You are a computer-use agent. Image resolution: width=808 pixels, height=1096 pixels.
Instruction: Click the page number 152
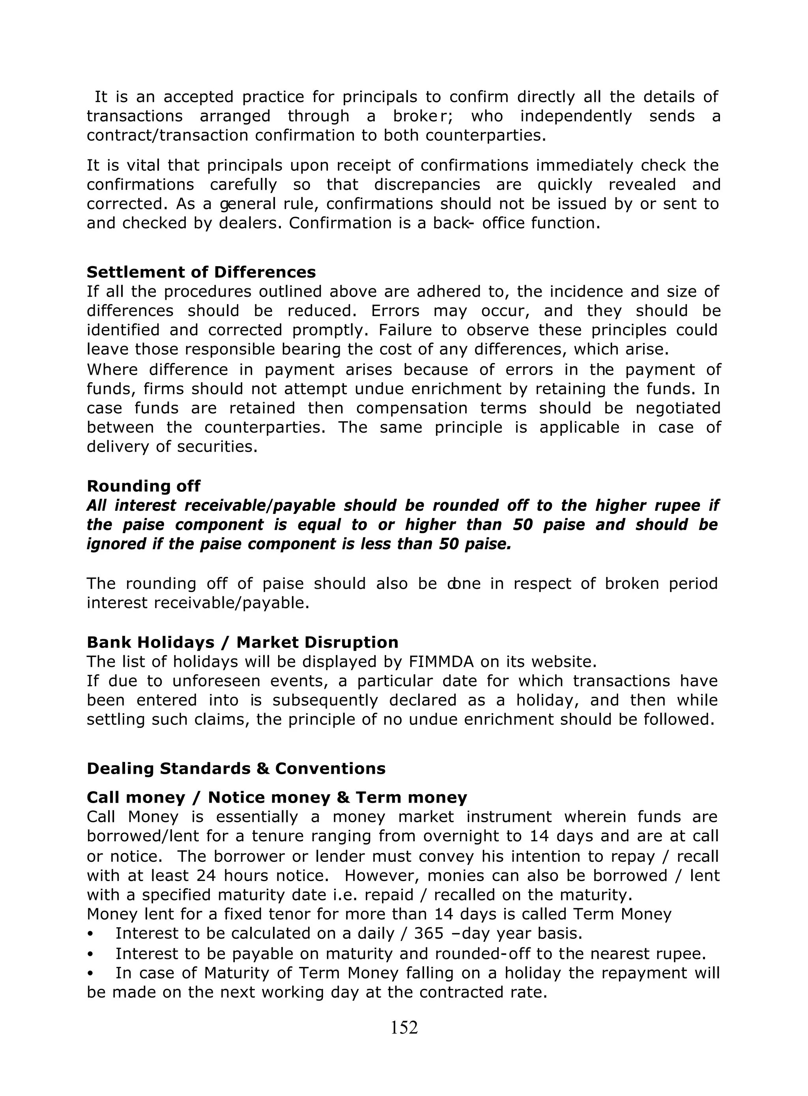[404, 1027]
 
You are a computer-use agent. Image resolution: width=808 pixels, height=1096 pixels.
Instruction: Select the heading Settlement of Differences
[201, 272]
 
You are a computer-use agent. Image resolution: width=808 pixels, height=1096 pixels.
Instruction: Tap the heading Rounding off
[143, 486]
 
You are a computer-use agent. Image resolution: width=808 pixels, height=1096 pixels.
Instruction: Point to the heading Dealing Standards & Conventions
[236, 769]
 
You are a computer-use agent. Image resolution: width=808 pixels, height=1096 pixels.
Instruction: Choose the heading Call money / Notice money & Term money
[277, 797]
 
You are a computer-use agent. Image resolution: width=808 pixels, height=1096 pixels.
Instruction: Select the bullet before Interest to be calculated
[90, 934]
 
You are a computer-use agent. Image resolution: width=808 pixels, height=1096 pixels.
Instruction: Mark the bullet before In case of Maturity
[90, 973]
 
